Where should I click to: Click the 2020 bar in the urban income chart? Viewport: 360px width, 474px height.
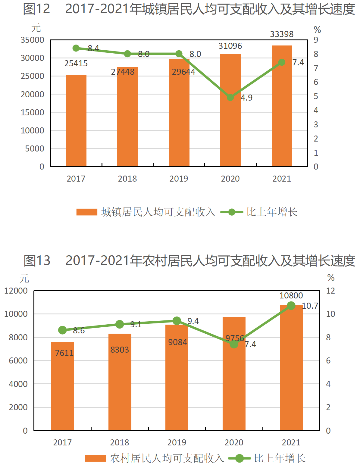pos(230,110)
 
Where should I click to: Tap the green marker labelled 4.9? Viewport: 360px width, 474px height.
pos(230,97)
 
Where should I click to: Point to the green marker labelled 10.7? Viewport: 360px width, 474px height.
pos(291,305)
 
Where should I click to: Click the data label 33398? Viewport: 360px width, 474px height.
pos(282,34)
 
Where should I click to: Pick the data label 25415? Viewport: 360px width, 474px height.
pos(76,63)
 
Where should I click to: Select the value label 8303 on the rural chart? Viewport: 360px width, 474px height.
pos(120,350)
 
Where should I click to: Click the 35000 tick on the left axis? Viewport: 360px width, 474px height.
pos(32,40)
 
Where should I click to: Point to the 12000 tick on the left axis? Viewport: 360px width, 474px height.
pos(16,291)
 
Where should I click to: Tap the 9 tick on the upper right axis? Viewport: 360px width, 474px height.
pos(316,40)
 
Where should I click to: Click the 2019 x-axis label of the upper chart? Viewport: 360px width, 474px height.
pos(179,179)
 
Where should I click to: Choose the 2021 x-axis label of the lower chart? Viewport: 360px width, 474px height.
pos(291,442)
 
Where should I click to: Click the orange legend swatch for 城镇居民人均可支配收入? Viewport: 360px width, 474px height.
pos(87,212)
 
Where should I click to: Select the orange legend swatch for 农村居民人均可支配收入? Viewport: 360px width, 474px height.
pos(95,458)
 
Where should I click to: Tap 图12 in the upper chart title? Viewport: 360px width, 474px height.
pos(36,9)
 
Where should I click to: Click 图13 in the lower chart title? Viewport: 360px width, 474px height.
pos(37,260)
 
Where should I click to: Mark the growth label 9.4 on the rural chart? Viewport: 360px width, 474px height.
pos(193,321)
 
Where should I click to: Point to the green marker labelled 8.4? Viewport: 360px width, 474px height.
pos(76,48)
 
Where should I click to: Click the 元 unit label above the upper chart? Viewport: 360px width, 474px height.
pos(36,28)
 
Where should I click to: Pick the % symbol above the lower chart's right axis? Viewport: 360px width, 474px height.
pos(331,277)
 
